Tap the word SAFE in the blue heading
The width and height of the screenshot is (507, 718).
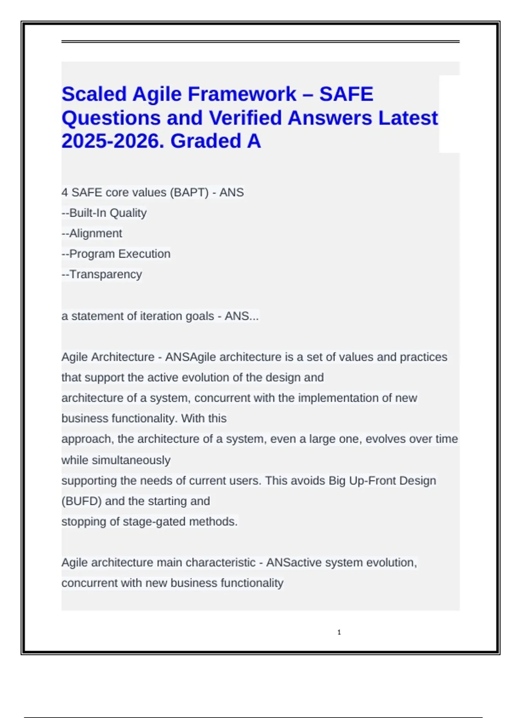point(346,94)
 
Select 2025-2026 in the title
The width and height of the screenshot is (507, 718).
point(112,141)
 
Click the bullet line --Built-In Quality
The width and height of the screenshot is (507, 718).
point(104,213)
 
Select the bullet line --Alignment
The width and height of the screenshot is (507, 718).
point(92,234)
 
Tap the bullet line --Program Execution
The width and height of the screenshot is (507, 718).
point(116,254)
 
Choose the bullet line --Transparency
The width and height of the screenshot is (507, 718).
point(102,275)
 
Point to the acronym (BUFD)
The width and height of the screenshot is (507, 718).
point(82,501)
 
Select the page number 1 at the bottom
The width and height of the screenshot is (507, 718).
point(339,632)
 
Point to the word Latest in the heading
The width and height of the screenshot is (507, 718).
point(408,118)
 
